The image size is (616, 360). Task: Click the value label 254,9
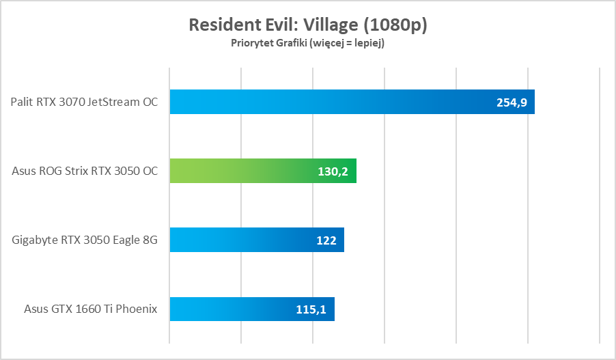pyautogui.click(x=511, y=102)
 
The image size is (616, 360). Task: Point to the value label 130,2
pyautogui.click(x=333, y=171)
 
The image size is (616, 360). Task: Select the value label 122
pyautogui.click(x=326, y=240)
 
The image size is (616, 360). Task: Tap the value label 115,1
pyautogui.click(x=311, y=309)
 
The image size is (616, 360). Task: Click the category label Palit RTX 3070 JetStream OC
pyautogui.click(x=84, y=102)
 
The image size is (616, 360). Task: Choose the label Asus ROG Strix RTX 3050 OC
pyautogui.click(x=85, y=171)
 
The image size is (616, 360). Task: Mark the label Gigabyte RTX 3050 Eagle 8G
pyautogui.click(x=85, y=240)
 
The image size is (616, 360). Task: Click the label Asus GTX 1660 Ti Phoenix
pyautogui.click(x=90, y=309)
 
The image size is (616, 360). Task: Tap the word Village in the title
pyautogui.click(x=331, y=25)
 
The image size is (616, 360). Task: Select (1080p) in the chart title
pyautogui.click(x=396, y=25)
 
